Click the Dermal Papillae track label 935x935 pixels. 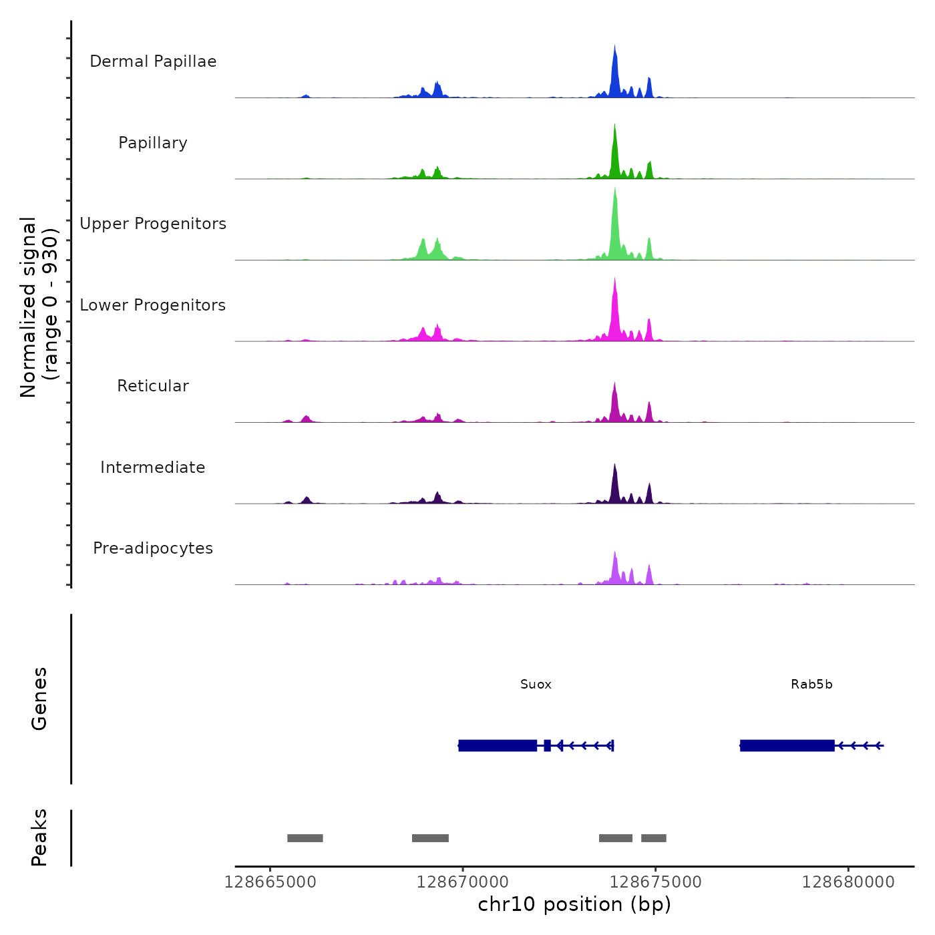pos(153,61)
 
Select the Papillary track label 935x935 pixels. pos(153,143)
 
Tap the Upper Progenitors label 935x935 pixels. pos(153,224)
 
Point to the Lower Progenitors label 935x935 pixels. pos(153,305)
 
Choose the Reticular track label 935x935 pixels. pos(153,386)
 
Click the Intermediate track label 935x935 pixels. pos(153,467)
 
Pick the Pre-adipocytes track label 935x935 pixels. pos(153,548)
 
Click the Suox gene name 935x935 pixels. pos(536,685)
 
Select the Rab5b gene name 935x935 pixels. pos(811,685)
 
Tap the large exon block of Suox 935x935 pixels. pos(498,745)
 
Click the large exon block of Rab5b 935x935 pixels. pos(787,745)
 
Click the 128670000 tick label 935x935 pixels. pos(463,882)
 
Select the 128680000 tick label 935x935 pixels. pos(848,882)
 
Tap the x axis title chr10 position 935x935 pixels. pos(574,904)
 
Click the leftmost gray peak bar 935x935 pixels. pos(305,838)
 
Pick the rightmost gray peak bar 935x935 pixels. pos(654,838)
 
